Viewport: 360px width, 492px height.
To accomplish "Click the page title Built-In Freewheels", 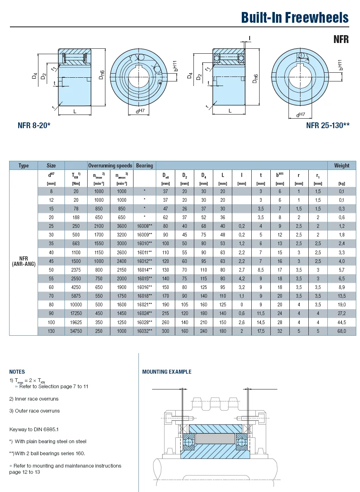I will [x=295, y=17].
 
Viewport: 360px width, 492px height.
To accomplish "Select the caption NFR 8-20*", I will [x=34, y=125].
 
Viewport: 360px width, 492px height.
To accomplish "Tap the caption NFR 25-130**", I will [x=328, y=125].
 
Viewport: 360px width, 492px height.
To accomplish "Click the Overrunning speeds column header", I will [x=110, y=166].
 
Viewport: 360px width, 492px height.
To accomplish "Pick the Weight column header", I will [x=341, y=166].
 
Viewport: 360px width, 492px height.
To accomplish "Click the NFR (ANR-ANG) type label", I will [x=24, y=261].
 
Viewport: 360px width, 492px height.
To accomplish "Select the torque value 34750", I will [x=76, y=331].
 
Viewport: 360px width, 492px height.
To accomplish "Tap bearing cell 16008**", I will [x=144, y=226].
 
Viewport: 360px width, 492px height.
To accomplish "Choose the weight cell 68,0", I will [x=341, y=331].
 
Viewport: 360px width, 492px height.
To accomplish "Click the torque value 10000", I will [x=76, y=305].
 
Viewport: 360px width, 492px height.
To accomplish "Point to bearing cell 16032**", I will [x=144, y=331].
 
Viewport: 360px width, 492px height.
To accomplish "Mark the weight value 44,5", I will [x=341, y=322].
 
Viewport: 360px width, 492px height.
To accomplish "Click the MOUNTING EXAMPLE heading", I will [x=167, y=372].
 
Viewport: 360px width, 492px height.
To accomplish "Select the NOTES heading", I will [x=17, y=372].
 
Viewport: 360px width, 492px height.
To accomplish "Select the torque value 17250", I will [x=76, y=313].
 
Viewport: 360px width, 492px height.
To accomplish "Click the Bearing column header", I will [x=144, y=166].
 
